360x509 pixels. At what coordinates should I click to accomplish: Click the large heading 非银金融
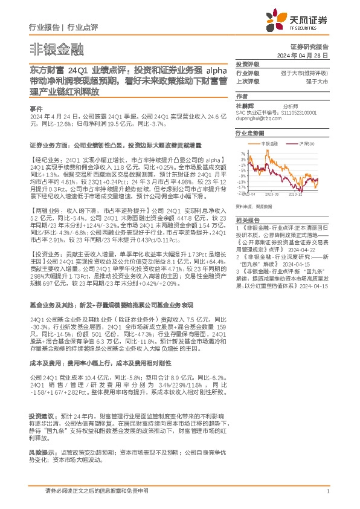pyautogui.click(x=56, y=48)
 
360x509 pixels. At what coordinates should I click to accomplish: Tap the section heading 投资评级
pyautogui.click(x=247, y=64)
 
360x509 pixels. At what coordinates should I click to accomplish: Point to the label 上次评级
pyautogui.click(x=248, y=80)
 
